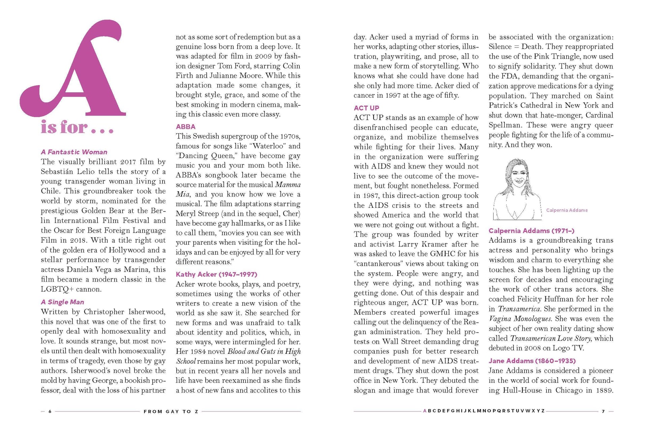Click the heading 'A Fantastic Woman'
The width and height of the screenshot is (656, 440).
pyautogui.click(x=74, y=152)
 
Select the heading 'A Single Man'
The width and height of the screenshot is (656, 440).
pyautogui.click(x=63, y=302)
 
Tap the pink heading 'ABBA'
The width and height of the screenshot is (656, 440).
pyautogui.click(x=185, y=127)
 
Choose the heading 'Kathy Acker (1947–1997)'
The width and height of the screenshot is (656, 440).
pyautogui.click(x=216, y=274)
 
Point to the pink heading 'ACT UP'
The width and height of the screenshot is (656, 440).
pyautogui.click(x=366, y=108)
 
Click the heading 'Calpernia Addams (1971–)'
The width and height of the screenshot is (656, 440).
pyautogui.click(x=531, y=231)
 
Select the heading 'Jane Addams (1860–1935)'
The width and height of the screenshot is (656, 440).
pyautogui.click(x=532, y=361)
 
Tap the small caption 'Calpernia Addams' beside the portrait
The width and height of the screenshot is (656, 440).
pyautogui.click(x=567, y=210)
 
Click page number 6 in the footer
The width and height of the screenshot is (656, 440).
pyautogui.click(x=50, y=411)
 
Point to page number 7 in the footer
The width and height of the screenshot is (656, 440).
pyautogui.click(x=603, y=411)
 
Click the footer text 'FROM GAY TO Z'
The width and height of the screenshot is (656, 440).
pyautogui.click(x=171, y=411)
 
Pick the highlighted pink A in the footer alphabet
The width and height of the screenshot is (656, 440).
pyautogui.click(x=425, y=411)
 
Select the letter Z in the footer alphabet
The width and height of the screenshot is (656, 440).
pyautogui.click(x=543, y=411)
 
